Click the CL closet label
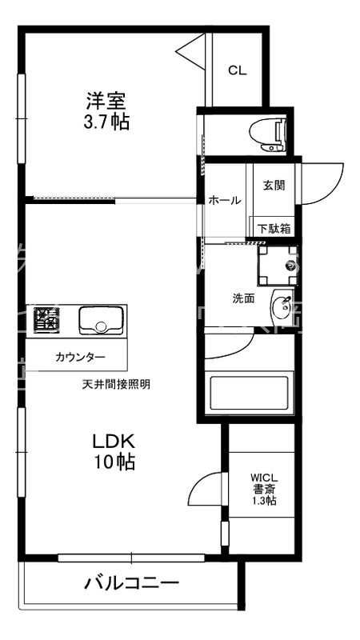point(238,70)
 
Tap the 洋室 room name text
point(108,102)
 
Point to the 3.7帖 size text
point(108,122)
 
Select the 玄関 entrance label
point(274,186)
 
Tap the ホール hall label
point(225,201)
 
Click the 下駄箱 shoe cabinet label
point(274,228)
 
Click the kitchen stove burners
point(46,319)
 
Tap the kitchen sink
point(100,320)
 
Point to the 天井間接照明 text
point(116,384)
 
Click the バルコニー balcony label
point(132,583)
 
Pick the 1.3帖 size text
point(265,502)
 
